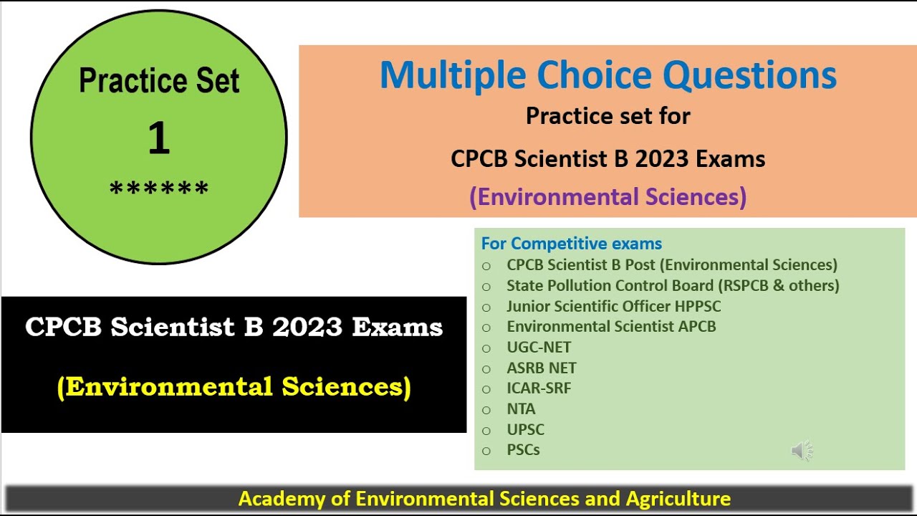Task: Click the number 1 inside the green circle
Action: [159, 138]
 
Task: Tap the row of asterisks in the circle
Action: [159, 190]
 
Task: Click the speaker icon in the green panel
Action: [802, 451]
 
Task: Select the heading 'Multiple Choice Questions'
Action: [608, 75]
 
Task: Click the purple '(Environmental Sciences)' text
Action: [608, 196]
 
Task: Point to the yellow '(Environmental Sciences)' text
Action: [234, 387]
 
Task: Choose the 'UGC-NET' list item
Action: [539, 348]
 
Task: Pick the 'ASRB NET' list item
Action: [541, 368]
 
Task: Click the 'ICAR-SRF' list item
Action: [539, 388]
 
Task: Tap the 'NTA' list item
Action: [521, 409]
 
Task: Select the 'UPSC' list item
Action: [525, 430]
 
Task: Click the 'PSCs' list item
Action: [523, 450]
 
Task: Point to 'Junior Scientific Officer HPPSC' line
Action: [613, 306]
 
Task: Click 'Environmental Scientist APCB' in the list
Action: [611, 327]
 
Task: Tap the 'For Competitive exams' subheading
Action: [572, 244]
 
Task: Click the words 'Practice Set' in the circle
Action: [159, 80]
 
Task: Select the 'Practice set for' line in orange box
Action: [608, 116]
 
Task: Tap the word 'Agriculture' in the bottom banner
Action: [678, 499]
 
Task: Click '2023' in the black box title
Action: [307, 328]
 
